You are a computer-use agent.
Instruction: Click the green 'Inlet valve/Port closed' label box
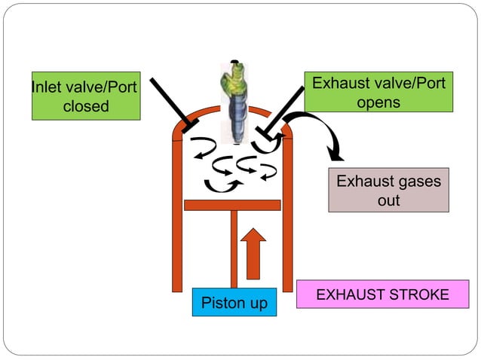86,96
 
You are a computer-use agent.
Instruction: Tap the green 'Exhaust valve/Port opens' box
378,92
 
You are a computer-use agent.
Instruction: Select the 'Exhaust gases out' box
388,191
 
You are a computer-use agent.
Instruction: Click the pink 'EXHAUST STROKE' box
382,294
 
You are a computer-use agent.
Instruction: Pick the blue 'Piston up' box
234,303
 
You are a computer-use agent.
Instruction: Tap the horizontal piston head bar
232,205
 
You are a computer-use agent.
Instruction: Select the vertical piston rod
234,249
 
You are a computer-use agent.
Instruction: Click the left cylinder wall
177,218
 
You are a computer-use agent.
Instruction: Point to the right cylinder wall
287,218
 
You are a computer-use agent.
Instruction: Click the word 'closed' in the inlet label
86,106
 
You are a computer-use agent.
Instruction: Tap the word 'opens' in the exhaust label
378,102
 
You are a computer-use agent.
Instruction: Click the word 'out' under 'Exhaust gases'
388,200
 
